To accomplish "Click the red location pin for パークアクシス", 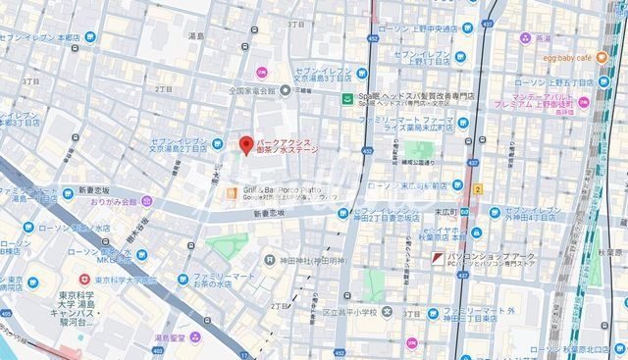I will point(244,142).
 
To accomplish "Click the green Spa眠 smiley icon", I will point(346,98).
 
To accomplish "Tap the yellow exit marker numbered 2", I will point(478,186).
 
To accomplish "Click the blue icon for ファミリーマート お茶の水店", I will point(183,279).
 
